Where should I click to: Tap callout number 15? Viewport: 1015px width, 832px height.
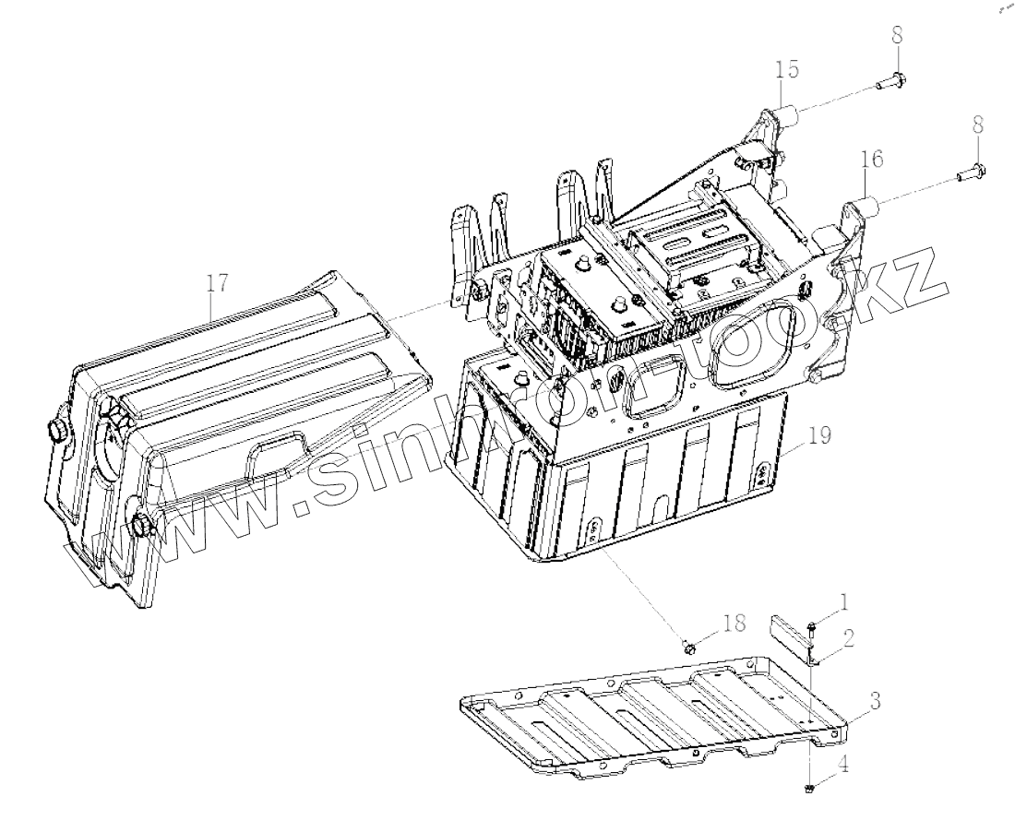787,71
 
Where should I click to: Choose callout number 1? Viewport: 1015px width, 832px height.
845,605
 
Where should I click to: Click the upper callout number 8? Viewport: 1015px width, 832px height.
898,36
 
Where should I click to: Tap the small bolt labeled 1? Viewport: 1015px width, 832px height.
811,628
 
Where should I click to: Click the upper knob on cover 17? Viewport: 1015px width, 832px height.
55,431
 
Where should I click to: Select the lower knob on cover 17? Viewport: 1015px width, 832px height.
141,527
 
